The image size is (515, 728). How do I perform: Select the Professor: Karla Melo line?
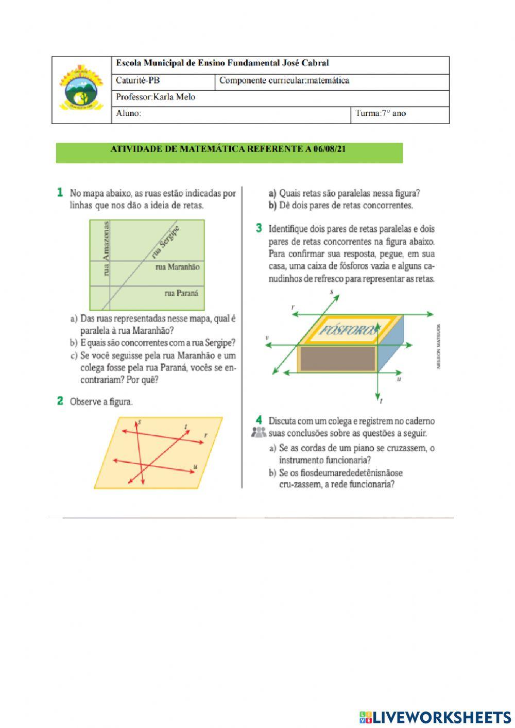156,97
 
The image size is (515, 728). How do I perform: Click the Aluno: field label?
128,113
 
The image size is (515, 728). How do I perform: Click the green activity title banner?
229,152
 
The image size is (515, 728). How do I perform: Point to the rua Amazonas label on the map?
107,248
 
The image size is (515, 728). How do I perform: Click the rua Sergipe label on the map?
166,242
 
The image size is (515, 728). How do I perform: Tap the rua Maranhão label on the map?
177,267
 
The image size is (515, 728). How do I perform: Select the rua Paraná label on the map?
181,293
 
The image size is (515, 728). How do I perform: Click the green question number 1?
60,193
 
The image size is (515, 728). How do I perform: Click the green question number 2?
60,401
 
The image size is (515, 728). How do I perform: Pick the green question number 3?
259,228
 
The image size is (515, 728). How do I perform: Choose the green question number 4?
259,420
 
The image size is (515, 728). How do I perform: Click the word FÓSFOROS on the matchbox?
348,330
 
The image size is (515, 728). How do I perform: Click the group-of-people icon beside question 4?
259,433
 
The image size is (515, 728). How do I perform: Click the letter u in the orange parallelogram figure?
195,466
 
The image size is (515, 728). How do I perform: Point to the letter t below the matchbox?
381,400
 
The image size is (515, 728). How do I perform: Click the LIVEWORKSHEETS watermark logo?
435,717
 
